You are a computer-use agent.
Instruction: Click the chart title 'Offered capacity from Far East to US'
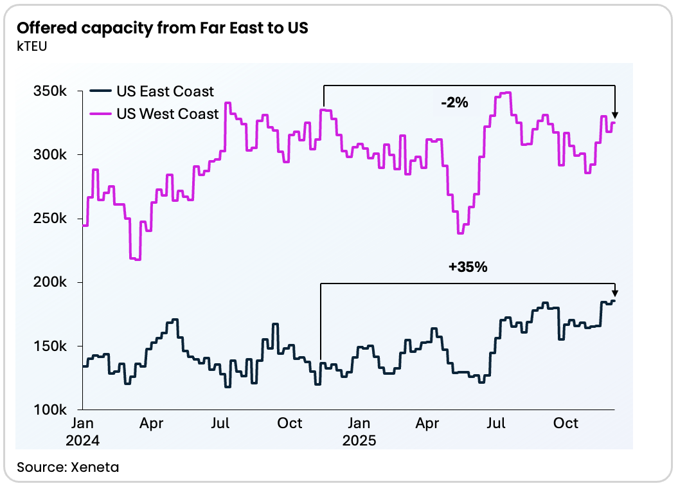coord(163,29)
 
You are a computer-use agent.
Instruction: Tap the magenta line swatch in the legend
coord(100,114)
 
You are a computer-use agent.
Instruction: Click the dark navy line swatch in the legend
coord(100,92)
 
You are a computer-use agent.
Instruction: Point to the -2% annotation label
coord(454,102)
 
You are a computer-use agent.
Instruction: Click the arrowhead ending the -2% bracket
coord(615,114)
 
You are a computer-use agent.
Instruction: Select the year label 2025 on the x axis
coord(359,441)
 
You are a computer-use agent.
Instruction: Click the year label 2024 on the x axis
coord(83,441)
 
